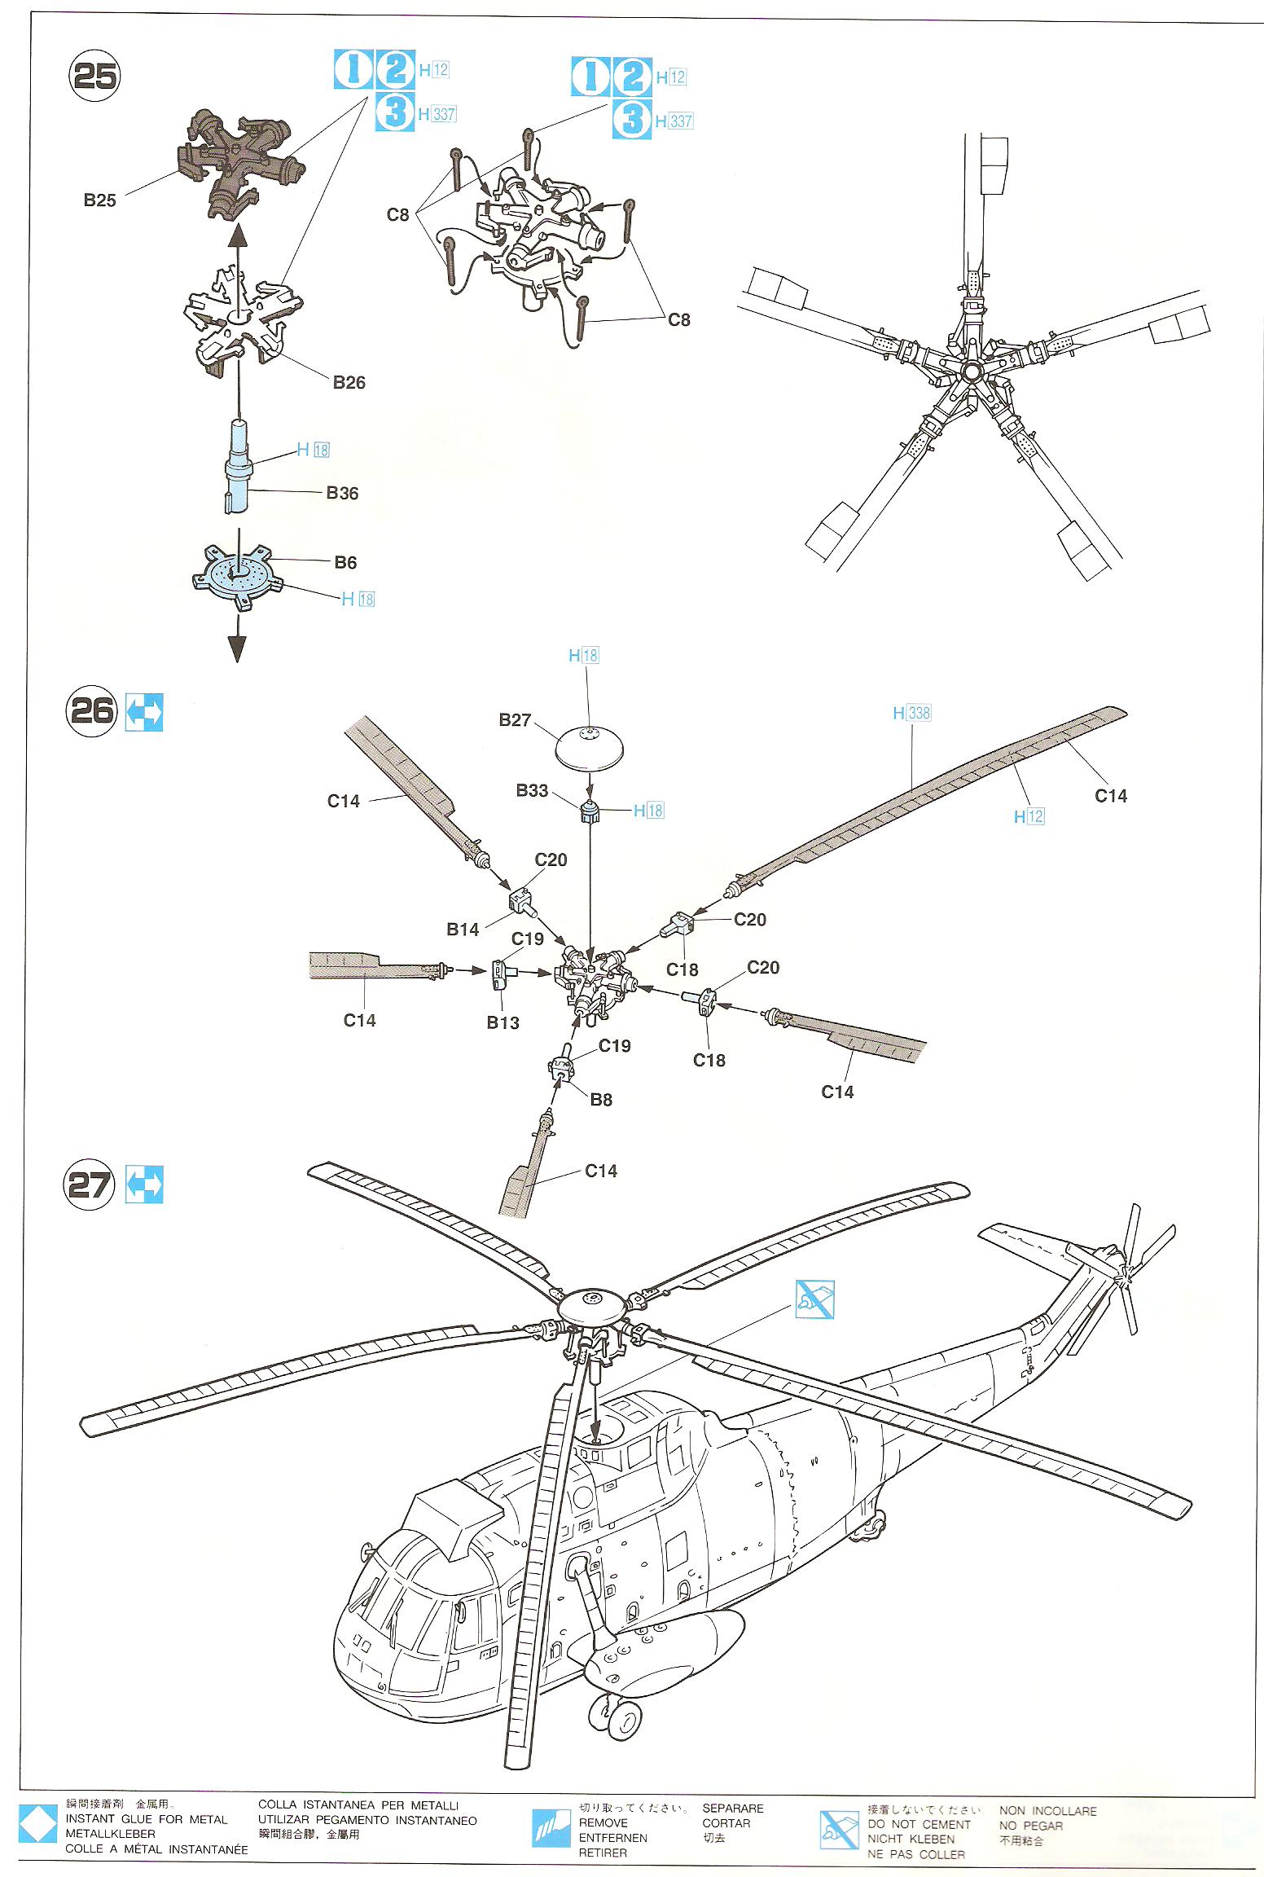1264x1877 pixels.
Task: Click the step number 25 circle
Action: (x=94, y=76)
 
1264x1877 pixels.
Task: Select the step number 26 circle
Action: (x=91, y=711)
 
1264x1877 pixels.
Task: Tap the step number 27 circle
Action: (x=90, y=1185)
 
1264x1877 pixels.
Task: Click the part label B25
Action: (x=99, y=200)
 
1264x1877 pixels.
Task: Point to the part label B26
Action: (x=349, y=382)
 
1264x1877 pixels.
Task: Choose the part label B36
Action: (x=342, y=493)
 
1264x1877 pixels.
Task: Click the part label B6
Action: (x=345, y=562)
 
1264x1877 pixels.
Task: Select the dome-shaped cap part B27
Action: (x=590, y=745)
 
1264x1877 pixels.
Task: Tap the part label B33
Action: (x=532, y=790)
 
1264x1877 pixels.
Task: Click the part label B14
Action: (x=463, y=930)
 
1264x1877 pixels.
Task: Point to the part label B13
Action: (x=503, y=1022)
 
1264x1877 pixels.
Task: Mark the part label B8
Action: (x=601, y=1100)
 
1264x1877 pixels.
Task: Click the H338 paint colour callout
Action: (x=911, y=713)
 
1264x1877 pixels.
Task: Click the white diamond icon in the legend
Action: (x=37, y=1828)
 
